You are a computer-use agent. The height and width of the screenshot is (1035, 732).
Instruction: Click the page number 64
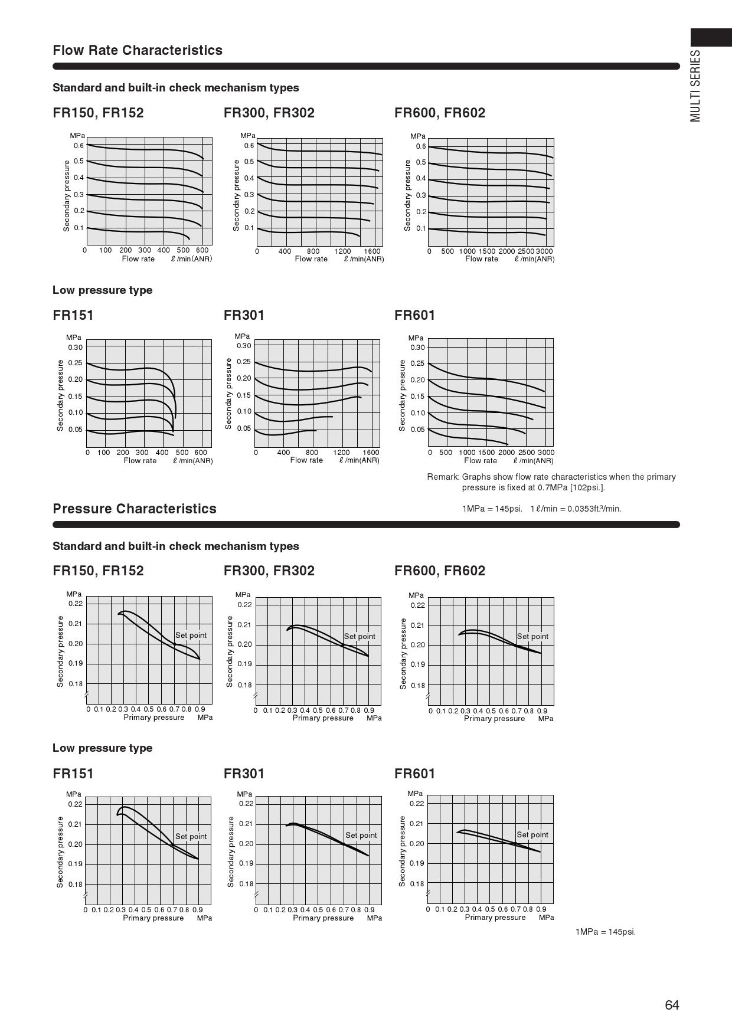click(x=672, y=1005)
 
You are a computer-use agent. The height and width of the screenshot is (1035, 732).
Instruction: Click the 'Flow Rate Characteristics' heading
click(x=138, y=50)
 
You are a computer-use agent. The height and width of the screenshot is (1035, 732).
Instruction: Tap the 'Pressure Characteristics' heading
click(x=135, y=509)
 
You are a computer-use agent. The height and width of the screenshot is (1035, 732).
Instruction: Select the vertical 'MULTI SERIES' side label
click(x=696, y=86)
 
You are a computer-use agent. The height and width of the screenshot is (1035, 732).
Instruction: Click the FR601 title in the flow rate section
click(x=414, y=315)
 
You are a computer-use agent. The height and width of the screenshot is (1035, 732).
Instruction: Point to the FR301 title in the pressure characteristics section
click(x=244, y=774)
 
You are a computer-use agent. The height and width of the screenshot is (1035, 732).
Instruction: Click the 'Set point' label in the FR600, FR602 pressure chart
click(x=532, y=636)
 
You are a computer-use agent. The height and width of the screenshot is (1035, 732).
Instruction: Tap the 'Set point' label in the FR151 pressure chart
click(x=191, y=836)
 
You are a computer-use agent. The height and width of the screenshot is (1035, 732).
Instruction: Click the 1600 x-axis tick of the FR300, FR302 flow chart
click(x=372, y=251)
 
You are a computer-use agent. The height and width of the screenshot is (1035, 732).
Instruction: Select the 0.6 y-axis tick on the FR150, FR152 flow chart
click(x=79, y=145)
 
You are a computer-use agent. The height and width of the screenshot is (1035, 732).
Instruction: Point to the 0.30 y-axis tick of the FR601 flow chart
click(x=417, y=347)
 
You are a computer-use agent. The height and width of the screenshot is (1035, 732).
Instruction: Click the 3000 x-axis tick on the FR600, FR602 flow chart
click(x=545, y=251)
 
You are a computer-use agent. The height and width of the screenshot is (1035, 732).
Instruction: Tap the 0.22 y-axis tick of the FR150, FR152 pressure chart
click(x=76, y=604)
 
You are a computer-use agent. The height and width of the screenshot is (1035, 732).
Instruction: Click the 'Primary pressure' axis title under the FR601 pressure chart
click(x=495, y=917)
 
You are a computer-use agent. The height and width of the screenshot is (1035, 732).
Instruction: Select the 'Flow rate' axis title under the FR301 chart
click(x=306, y=460)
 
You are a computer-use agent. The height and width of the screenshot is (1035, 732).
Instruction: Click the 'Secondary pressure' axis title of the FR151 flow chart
click(x=60, y=395)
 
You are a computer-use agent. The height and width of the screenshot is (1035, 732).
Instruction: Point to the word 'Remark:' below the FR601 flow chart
click(x=443, y=477)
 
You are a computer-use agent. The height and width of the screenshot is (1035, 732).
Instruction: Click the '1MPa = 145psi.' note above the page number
click(x=605, y=932)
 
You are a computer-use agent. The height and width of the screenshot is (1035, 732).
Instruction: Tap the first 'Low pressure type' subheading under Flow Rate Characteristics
click(x=102, y=290)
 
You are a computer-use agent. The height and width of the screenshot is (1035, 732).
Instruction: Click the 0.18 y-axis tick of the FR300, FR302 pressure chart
click(x=245, y=685)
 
